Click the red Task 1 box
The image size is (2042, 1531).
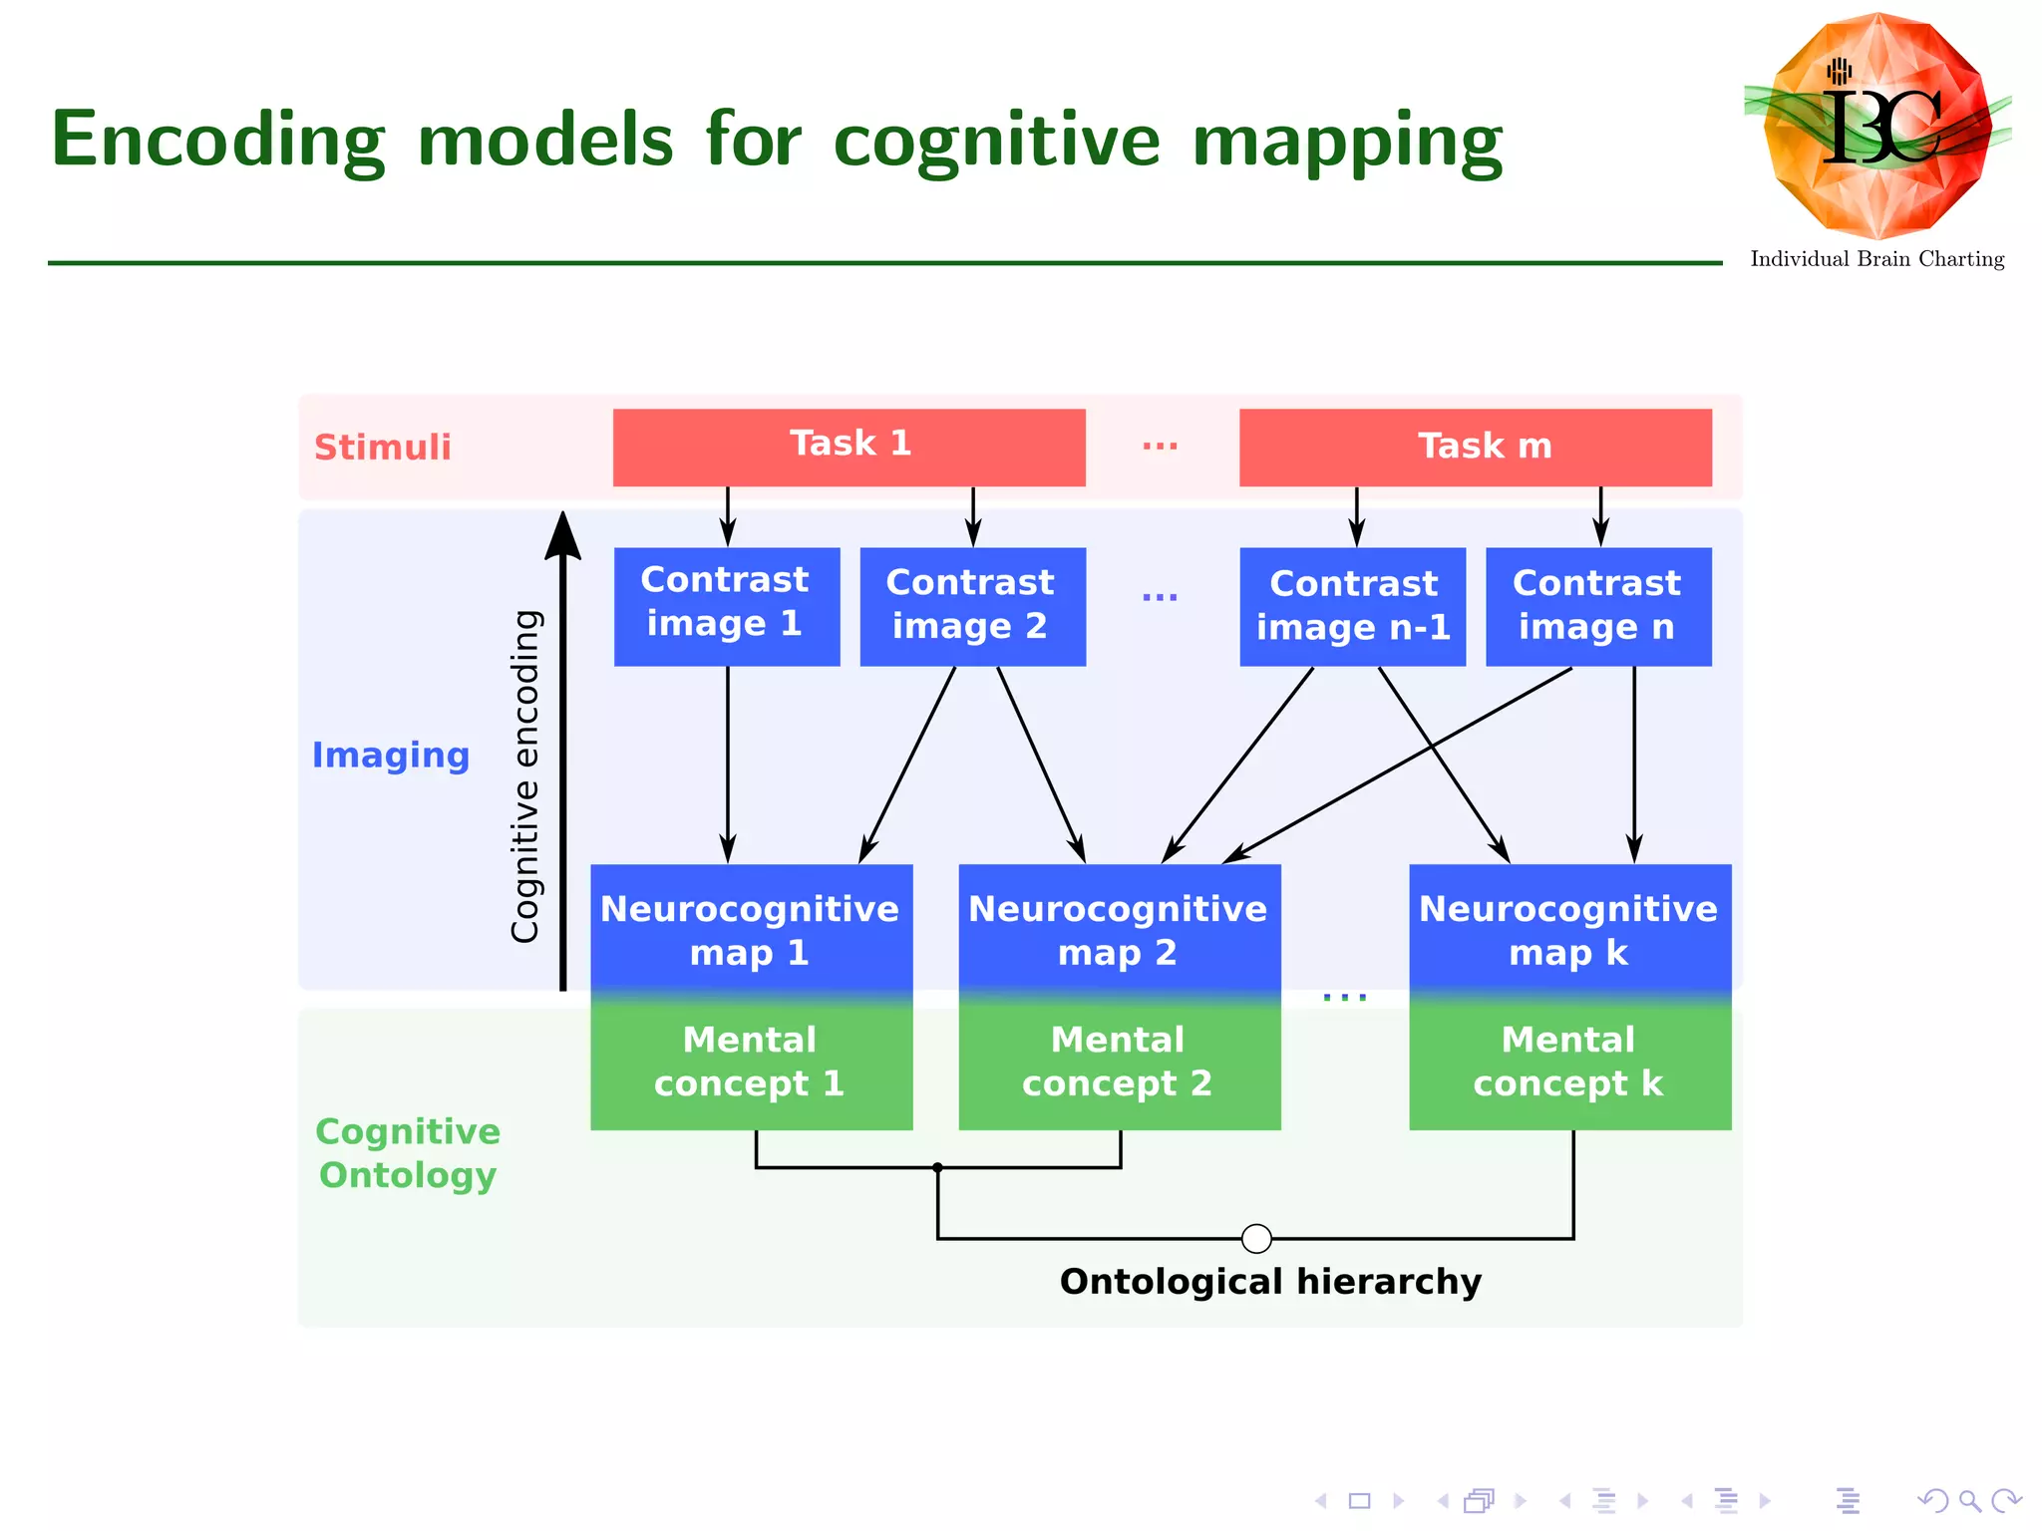coord(849,447)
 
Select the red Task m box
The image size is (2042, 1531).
coord(1475,447)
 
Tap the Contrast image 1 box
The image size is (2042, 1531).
coord(726,605)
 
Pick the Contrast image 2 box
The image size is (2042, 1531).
coord(972,605)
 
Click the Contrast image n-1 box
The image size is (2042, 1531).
coord(1352,605)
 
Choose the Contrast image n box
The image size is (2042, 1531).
coord(1597,605)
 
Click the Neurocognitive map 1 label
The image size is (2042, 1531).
coord(750,929)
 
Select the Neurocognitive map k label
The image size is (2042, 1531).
coord(1568,929)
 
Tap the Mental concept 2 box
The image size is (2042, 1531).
coord(1119,1063)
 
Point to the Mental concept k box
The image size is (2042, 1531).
coord(1568,1063)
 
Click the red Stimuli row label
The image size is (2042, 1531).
coord(383,448)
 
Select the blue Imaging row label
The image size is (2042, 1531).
coord(391,755)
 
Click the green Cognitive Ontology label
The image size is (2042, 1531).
coord(408,1153)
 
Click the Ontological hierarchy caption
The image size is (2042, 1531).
coord(1270,1281)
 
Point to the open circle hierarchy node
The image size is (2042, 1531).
coord(1256,1238)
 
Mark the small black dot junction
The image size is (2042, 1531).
coord(937,1167)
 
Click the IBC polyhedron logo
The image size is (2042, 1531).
coord(1877,127)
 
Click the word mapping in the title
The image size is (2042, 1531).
coord(1347,141)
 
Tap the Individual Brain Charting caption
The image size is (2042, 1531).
coord(1876,259)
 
